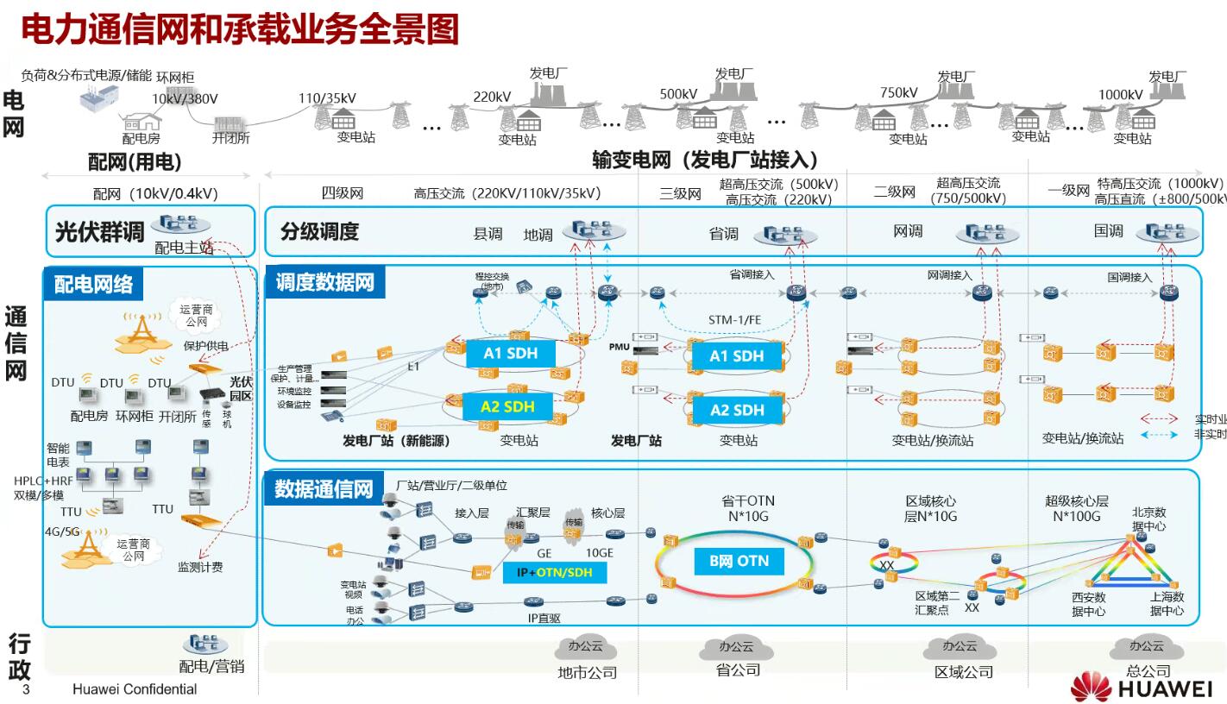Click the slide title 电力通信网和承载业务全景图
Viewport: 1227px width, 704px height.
click(239, 30)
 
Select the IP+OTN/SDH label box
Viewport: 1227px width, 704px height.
click(554, 572)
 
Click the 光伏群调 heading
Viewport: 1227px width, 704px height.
click(99, 232)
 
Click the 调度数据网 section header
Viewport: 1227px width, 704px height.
click(325, 281)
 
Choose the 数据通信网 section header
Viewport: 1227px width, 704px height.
click(324, 489)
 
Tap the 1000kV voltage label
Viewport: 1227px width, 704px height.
click(1120, 94)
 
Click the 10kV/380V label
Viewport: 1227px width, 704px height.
click(186, 98)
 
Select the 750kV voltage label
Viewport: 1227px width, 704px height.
click(898, 92)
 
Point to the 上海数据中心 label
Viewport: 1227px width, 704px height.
click(1167, 603)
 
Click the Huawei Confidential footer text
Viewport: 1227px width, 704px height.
click(135, 689)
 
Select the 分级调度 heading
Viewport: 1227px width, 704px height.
click(319, 231)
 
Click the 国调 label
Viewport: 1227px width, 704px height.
click(1109, 230)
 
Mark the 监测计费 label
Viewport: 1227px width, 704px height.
click(200, 567)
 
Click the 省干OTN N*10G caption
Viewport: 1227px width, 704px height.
click(747, 508)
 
